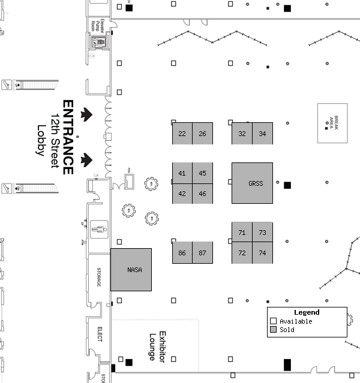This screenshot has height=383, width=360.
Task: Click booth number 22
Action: coord(182,134)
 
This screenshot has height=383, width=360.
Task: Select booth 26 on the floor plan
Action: coord(203,134)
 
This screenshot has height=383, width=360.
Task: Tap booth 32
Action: coord(242,134)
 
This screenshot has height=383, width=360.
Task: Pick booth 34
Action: coord(262,134)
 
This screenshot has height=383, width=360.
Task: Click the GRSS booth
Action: coord(252,183)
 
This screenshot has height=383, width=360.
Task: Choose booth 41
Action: coord(182,173)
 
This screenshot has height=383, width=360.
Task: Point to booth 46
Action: coord(203,194)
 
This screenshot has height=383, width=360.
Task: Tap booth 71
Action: coord(242,233)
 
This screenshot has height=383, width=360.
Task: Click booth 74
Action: coord(262,253)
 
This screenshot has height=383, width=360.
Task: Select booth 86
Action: coord(182,253)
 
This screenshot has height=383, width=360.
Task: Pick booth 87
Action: coord(203,253)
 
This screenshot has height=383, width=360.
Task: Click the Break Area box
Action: coord(332,123)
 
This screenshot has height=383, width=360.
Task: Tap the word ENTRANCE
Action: coord(68,137)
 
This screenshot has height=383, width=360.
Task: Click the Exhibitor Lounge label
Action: coord(157,346)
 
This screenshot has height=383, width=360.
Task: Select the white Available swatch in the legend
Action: coord(273,321)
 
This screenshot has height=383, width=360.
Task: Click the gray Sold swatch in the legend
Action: coord(273,330)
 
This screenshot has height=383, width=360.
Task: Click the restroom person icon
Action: coord(99,227)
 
